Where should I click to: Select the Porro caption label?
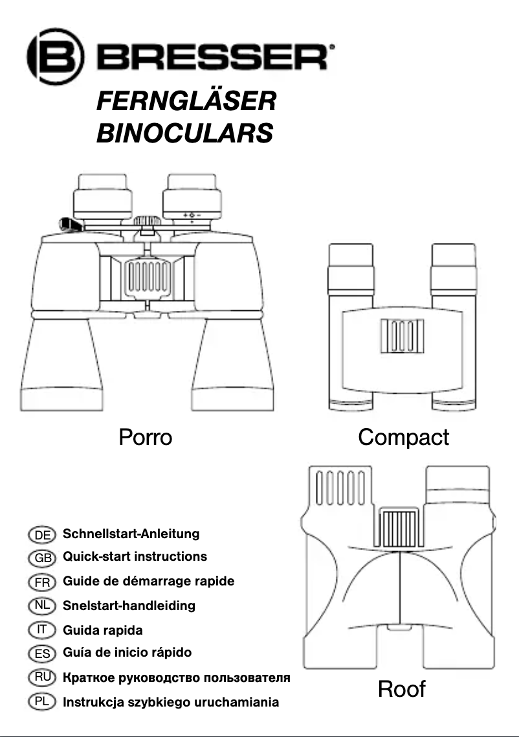point(145,438)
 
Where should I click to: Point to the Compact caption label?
point(403,438)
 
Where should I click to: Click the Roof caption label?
point(401,689)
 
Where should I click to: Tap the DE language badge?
point(43,535)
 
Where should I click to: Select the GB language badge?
point(43,558)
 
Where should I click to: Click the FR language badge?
point(43,582)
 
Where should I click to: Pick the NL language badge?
point(43,606)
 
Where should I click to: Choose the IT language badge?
point(43,629)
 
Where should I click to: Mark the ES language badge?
point(43,653)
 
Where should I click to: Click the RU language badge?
point(43,677)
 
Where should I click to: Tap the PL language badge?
point(43,701)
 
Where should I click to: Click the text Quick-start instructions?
point(135,557)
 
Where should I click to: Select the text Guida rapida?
point(102,630)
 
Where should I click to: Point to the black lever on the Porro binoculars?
point(71,225)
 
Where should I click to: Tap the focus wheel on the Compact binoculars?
point(402,337)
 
